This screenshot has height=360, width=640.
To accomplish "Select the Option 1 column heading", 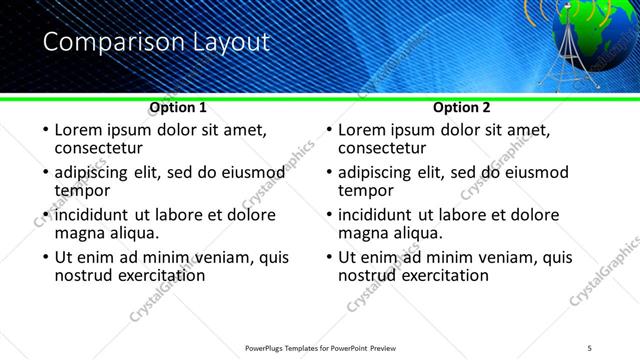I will tap(178, 107).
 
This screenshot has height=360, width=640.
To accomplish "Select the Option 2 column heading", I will tap(462, 107).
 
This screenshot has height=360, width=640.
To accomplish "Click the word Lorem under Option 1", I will tap(80, 130).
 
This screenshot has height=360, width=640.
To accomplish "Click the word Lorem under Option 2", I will tap(364, 130).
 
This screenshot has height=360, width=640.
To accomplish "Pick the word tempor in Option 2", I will tap(366, 190).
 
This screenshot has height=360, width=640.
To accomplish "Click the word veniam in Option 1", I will tap(222, 257).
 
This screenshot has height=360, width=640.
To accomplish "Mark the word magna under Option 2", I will tap(366, 233).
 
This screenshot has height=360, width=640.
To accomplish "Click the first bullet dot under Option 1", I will tap(44, 131).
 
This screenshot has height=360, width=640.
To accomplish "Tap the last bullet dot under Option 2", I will tap(328, 258).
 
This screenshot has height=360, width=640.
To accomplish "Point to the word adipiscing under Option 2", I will tap(375, 173).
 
